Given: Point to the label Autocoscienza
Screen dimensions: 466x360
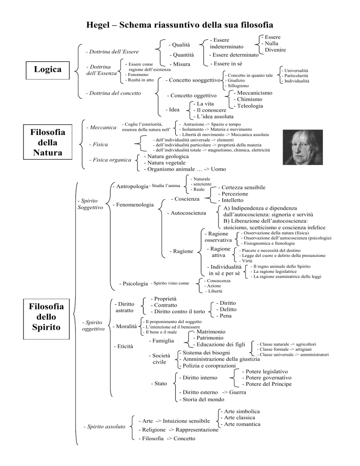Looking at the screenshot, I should coord(188,213).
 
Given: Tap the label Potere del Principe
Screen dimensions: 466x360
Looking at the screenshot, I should coord(266,384).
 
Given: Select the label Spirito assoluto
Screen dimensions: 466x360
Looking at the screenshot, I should coord(104,426).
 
